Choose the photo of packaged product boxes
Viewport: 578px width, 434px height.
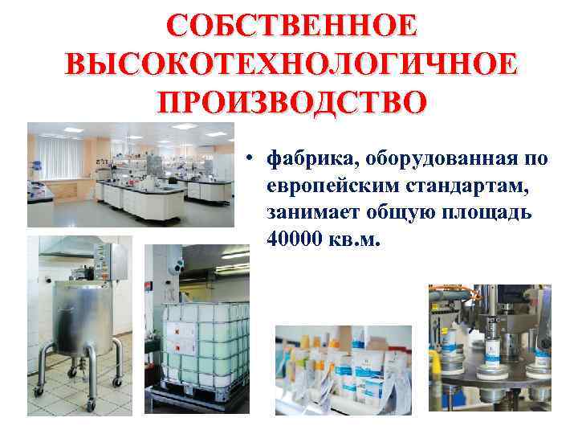point(343,371)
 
